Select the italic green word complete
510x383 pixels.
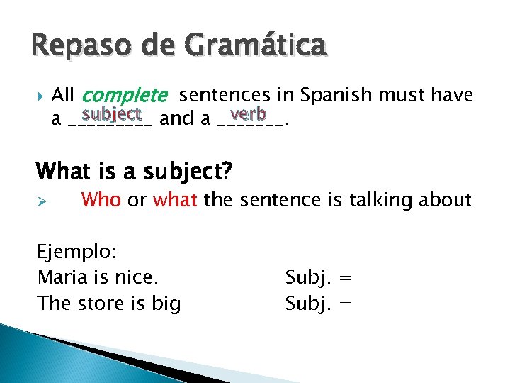point(125,95)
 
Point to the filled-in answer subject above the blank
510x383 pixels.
point(112,113)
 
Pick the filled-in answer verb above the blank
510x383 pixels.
point(248,113)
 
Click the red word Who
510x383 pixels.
point(101,200)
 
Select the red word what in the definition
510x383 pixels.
point(176,200)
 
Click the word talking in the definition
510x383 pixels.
point(368,201)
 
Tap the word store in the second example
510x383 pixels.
point(96,304)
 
